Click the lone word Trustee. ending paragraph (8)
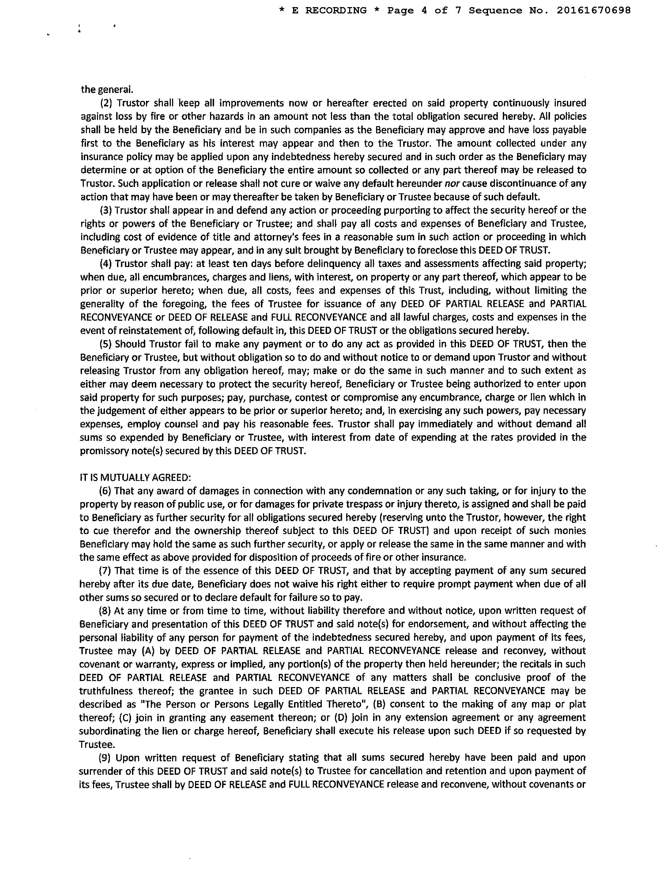click(x=97, y=744)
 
